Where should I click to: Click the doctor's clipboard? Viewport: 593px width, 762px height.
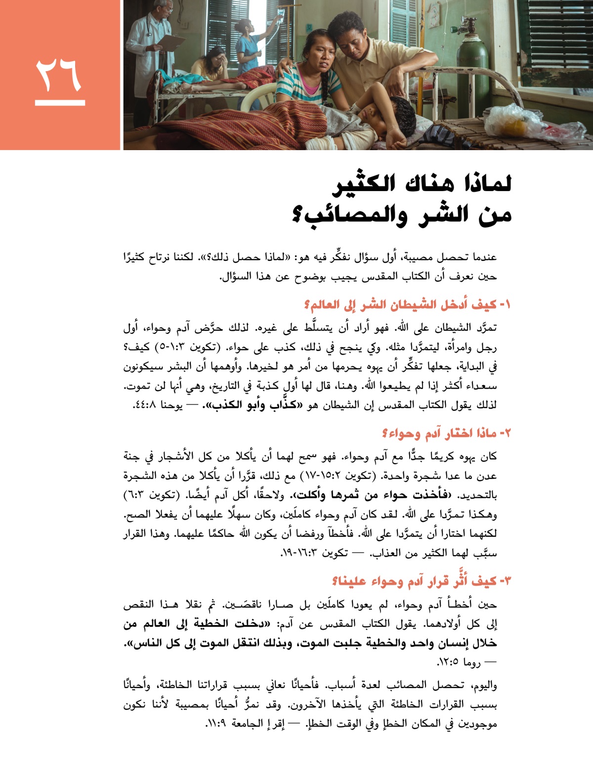pyautogui.click(x=172, y=42)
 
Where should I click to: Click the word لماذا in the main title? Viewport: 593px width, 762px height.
pyautogui.click(x=484, y=184)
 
